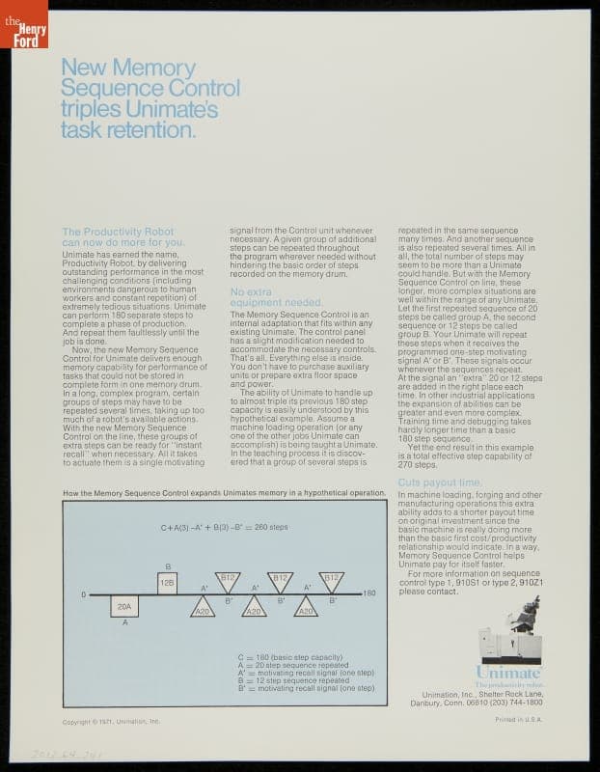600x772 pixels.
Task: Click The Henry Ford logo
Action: pos(23,24)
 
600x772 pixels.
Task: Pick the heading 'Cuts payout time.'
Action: pos(439,482)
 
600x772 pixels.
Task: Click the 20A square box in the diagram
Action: pos(123,607)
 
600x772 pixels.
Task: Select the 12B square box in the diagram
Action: pos(167,583)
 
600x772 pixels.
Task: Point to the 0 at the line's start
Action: pos(83,594)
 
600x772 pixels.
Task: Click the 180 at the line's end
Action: pos(368,594)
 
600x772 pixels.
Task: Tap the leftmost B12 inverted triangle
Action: pos(228,580)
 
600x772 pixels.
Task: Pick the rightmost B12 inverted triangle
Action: pos(331,580)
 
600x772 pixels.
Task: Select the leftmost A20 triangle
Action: pos(203,608)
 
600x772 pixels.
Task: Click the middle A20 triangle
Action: pos(254,608)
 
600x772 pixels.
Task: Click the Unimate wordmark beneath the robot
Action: pos(508,672)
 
